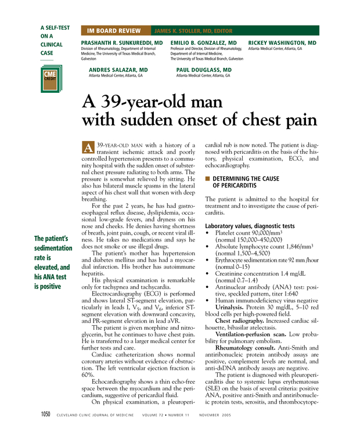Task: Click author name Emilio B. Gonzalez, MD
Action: coord(203,44)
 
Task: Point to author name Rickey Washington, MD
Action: coord(282,44)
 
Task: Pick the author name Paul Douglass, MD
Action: coord(204,70)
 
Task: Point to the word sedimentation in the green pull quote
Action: coord(53,248)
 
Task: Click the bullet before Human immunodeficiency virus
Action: coord(208,301)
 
